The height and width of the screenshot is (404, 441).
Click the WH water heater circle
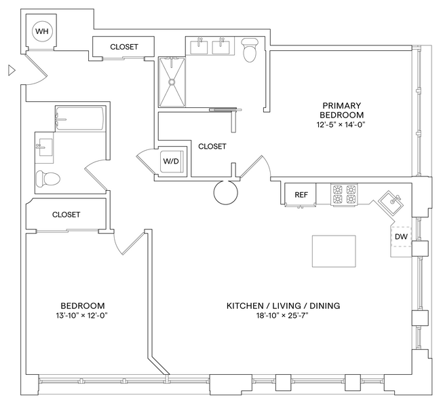click(41, 31)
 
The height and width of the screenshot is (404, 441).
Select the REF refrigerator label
click(301, 195)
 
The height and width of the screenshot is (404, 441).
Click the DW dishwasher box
click(401, 237)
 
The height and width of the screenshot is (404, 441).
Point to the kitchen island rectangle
click(333, 251)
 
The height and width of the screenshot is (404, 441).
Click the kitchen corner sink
click(394, 202)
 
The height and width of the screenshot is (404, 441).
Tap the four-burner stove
click(345, 194)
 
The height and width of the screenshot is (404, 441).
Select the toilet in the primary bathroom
click(250, 50)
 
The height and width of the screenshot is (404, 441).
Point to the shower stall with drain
click(172, 81)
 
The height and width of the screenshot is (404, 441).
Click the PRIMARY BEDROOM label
click(341, 110)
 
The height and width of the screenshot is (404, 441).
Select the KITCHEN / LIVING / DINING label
click(283, 306)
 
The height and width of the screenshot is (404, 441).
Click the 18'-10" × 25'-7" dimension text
click(283, 316)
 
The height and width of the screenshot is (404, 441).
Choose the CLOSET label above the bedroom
click(66, 215)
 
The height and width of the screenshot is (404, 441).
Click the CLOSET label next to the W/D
click(212, 146)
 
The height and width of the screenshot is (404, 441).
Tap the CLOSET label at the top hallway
click(123, 47)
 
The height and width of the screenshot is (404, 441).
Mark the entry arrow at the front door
click(11, 69)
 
